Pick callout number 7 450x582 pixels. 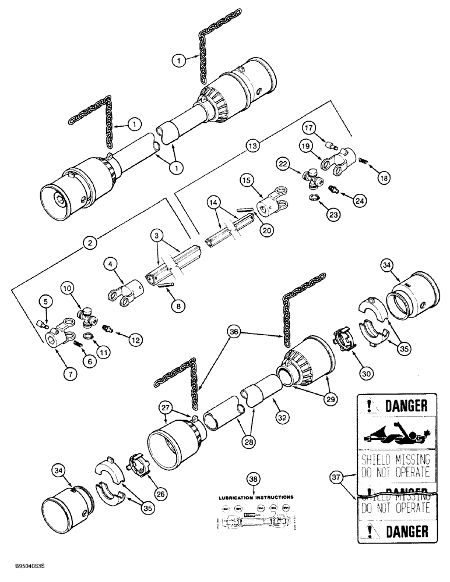pyautogui.click(x=70, y=373)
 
